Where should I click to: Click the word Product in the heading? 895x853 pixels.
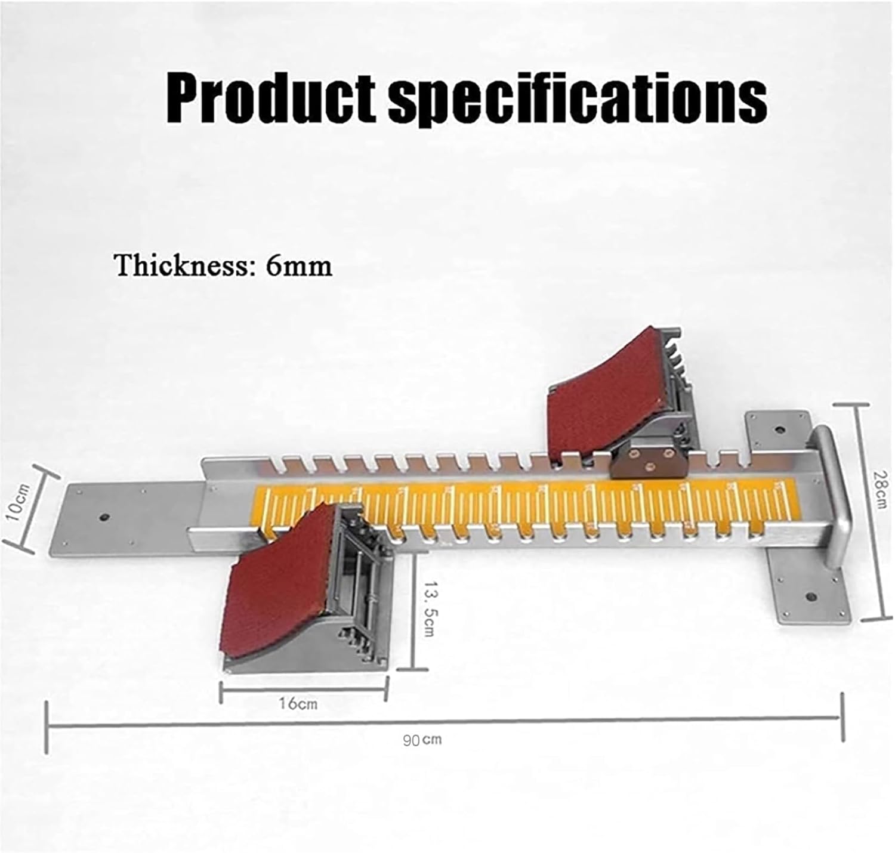tap(271, 98)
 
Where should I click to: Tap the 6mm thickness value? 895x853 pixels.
tap(298, 265)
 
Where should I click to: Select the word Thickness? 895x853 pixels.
tap(181, 265)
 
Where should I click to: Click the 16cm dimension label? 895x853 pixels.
tap(298, 703)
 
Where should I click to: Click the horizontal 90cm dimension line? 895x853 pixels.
tap(445, 724)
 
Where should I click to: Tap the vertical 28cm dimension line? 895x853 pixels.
tap(860, 513)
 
